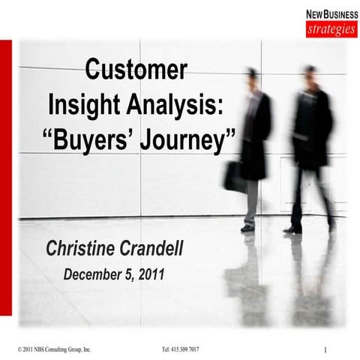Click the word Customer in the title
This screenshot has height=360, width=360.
coord(136,70)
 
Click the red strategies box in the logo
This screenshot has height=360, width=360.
coord(331,30)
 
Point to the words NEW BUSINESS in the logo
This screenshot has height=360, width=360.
coord(331,14)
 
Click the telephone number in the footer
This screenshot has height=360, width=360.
coord(180,349)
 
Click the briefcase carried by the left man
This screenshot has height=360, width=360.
coord(233,177)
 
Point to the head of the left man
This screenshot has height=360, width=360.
coord(253,75)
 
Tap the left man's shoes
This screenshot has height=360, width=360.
coord(247,227)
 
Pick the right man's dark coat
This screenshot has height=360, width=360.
coord(310,124)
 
